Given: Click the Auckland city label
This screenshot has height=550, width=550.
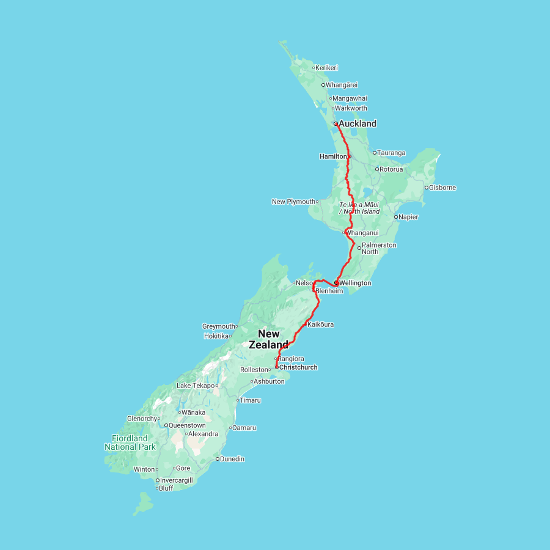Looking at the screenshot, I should pos(358,123).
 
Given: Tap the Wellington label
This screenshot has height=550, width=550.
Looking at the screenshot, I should pos(355,283).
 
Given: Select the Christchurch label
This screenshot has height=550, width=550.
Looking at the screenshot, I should pos(298,367).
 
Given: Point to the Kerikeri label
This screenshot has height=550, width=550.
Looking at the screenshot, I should pos(328,68).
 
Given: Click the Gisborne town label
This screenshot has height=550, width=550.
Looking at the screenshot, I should pos(443,188).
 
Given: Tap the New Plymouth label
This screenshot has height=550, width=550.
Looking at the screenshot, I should pos(293,202).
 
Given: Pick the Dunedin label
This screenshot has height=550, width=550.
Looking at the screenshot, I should pos(232,459).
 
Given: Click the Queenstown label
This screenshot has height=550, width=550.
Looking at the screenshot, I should pos(188,425).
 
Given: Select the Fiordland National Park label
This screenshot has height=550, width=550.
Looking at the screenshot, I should pos(130,442).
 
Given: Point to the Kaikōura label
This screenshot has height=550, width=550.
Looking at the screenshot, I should pos(321,324).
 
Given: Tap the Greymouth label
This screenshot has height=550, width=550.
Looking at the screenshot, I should pos(219,326).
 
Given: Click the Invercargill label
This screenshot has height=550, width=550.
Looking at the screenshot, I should pos(177,480).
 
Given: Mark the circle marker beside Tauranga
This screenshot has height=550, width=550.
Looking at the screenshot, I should pos(375,153).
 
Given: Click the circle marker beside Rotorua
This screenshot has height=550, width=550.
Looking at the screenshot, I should pos(377,169).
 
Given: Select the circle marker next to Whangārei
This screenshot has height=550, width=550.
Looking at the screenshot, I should pos(323,85).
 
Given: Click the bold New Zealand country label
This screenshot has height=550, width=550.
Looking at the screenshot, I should pos(268,339).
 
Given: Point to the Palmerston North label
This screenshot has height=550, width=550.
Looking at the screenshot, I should pos(379,248).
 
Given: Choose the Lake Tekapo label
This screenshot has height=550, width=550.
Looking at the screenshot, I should pos(195,386).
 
